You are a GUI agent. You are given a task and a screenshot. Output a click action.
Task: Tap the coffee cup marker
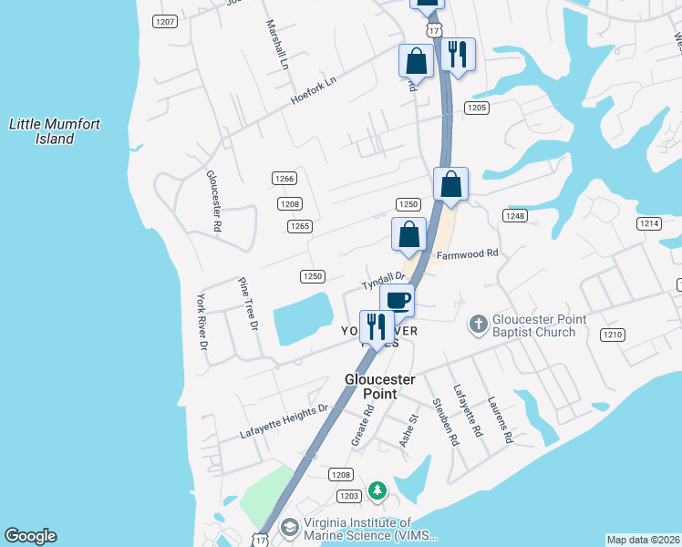397,300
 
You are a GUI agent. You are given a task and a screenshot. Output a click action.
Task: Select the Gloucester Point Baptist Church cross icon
479,324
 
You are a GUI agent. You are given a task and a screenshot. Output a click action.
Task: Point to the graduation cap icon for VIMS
289,528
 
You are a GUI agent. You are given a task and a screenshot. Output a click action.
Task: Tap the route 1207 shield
165,21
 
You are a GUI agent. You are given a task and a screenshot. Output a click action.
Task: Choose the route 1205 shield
476,108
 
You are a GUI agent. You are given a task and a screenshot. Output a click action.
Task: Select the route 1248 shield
515,215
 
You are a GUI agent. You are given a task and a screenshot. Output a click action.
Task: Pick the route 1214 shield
649,223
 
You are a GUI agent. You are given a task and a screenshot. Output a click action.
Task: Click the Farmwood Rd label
467,253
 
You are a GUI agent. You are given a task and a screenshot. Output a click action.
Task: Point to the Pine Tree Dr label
249,304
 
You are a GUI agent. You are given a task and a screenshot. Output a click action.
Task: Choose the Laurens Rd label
501,419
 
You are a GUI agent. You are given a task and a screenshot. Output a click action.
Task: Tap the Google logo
30,536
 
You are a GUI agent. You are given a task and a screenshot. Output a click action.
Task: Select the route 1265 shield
300,226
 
